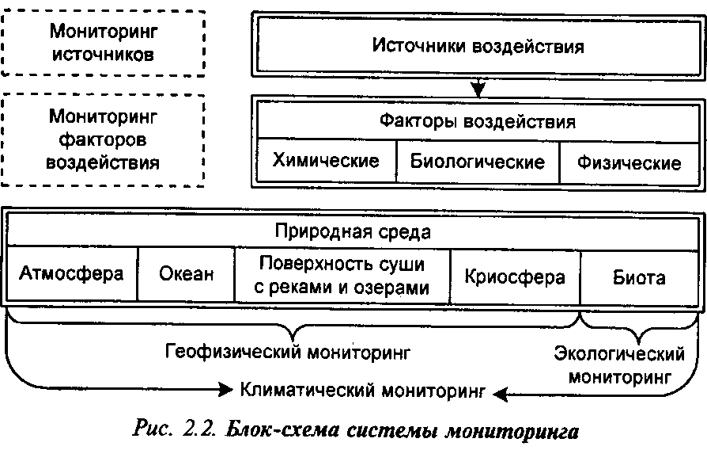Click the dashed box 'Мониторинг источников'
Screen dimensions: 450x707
tap(104, 43)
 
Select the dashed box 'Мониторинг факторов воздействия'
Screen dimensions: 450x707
tap(104, 140)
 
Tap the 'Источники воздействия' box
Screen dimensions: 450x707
tap(478, 45)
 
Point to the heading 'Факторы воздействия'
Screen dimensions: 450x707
tap(477, 123)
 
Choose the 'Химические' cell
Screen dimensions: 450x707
tap(325, 161)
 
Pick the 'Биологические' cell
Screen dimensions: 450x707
tap(477, 162)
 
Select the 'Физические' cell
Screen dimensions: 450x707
tap(629, 162)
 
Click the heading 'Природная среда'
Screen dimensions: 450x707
tap(353, 232)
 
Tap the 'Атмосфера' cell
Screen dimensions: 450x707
tap(72, 275)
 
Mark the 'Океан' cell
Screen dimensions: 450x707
tap(186, 275)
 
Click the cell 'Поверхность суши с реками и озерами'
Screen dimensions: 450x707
tap(342, 275)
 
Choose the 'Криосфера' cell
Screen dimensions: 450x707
tap(515, 276)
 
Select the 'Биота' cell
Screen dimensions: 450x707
tap(639, 277)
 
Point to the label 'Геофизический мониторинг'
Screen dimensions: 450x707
tap(288, 350)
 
